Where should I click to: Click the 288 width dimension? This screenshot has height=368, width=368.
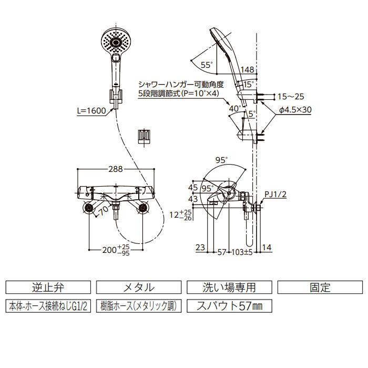pos(116,169)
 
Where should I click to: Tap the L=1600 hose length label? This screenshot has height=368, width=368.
pos(91,110)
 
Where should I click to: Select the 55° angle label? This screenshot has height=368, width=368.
pos(207,65)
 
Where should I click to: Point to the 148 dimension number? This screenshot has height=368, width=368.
pos(248,69)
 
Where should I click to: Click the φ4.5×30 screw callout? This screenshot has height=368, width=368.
pos(295,109)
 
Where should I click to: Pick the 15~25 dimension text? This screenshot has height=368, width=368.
pos(291,96)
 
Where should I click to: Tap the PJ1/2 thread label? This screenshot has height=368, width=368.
pos(275,195)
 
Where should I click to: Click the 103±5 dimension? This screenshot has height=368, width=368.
pos(242,252)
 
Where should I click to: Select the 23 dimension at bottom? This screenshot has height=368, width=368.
pos(200,248)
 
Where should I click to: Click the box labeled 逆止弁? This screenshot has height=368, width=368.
pos(48,287)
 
